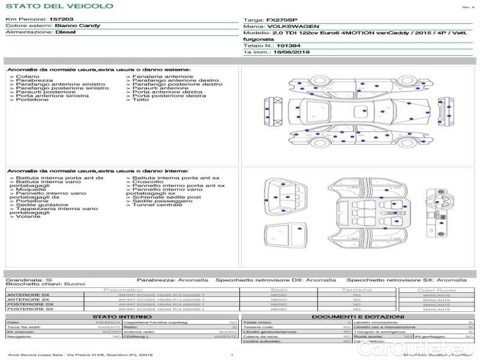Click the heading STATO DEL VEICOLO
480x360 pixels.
pos(59,6)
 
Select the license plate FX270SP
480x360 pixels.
pos(282,20)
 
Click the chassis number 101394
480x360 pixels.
pos(289,45)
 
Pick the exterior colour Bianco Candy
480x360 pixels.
pos(77,26)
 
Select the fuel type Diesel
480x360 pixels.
pos(65,32)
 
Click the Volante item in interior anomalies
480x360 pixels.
pos(28,216)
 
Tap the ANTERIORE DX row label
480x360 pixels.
pos(28,295)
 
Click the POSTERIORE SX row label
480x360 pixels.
pos(29,309)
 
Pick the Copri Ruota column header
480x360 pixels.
pos(436,290)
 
